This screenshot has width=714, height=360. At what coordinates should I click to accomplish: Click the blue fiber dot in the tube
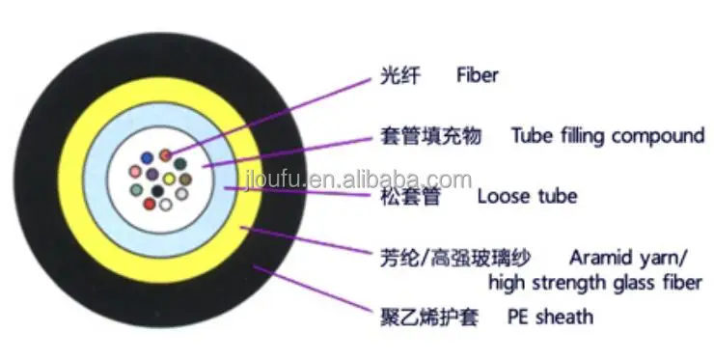click(x=148, y=157)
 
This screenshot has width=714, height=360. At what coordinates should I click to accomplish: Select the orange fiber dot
click(x=166, y=154)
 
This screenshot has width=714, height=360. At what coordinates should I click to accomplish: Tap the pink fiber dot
click(x=135, y=172)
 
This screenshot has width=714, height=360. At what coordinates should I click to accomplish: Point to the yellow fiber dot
click(x=169, y=179)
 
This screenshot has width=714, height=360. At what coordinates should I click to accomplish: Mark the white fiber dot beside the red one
click(x=167, y=203)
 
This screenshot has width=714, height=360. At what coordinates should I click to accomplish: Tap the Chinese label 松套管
click(x=398, y=196)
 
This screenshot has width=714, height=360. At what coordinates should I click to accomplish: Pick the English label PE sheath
click(x=552, y=317)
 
